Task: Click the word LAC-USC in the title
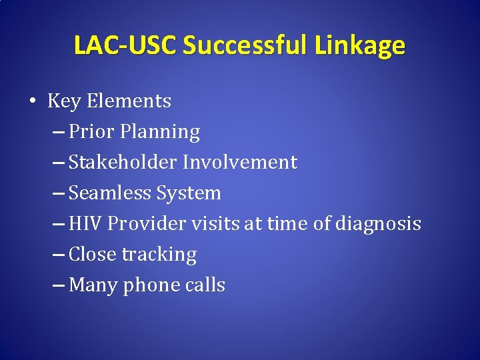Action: click(125, 45)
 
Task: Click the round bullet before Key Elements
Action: click(32, 102)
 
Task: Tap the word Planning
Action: click(160, 133)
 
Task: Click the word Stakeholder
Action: click(123, 163)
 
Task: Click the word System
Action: click(189, 194)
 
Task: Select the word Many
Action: click(91, 286)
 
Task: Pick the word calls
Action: click(205, 285)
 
